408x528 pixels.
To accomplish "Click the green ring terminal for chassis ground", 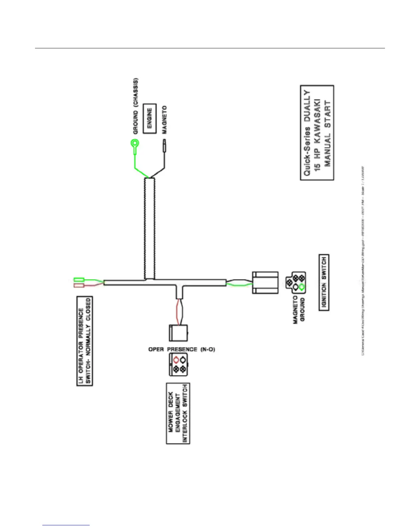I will click(x=135, y=144).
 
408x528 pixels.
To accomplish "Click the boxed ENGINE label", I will click(x=150, y=119).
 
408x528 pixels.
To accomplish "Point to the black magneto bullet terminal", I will click(x=164, y=147).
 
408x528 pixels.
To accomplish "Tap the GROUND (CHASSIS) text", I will click(x=136, y=106).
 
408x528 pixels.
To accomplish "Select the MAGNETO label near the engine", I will click(x=164, y=120).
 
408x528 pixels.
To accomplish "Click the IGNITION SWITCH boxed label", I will click(x=324, y=282).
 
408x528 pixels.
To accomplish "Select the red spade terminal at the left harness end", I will click(x=79, y=286).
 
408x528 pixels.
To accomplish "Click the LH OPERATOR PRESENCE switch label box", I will click(x=85, y=341).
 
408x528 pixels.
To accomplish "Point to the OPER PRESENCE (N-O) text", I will click(x=182, y=349).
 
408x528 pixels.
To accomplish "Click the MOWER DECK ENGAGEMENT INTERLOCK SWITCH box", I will click(x=178, y=413).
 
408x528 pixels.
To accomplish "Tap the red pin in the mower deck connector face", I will click(x=176, y=360).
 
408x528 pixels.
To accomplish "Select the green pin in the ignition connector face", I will click(x=302, y=287).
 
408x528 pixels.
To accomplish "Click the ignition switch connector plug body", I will click(x=265, y=283).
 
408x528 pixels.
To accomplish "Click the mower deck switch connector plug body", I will click(x=178, y=333).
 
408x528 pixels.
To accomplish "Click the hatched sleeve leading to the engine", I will click(x=150, y=228).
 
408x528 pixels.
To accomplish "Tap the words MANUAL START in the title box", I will click(x=328, y=133).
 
